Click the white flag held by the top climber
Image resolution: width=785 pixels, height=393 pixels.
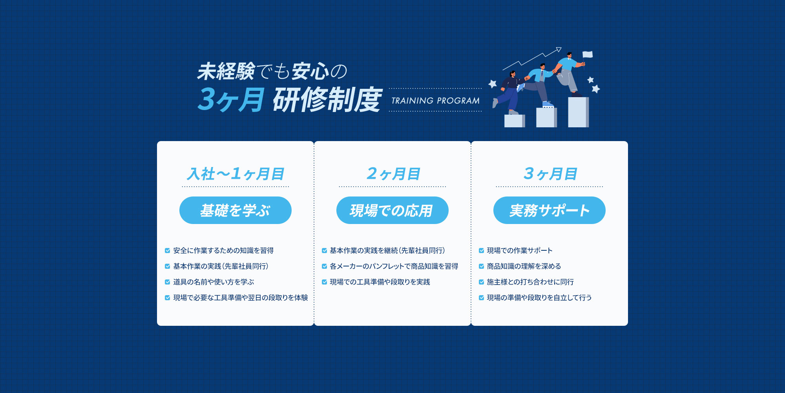click(588, 55)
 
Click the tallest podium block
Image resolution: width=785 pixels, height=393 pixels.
click(578, 112)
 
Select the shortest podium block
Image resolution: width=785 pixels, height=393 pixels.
click(514, 121)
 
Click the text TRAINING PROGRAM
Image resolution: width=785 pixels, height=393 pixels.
click(435, 101)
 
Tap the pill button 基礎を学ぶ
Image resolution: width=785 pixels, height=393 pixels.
click(235, 210)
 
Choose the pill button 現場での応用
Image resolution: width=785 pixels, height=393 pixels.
click(392, 210)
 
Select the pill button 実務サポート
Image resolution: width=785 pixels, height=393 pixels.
click(549, 210)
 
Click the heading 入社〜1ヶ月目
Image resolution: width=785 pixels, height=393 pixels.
click(235, 174)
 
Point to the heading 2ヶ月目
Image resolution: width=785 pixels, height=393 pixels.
click(392, 174)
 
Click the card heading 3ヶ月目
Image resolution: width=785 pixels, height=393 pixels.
click(549, 174)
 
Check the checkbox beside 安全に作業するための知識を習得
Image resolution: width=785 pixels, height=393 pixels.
click(168, 251)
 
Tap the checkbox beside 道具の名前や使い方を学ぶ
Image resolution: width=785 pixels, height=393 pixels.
click(168, 282)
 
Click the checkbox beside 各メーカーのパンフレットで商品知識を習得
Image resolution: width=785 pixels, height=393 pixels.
click(325, 266)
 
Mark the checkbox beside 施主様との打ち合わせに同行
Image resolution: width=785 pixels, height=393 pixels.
click(482, 282)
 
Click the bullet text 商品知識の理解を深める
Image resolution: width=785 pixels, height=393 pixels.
click(524, 266)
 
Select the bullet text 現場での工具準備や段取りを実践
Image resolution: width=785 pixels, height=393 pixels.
click(380, 282)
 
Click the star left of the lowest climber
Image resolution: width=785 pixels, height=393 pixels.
click(493, 83)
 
